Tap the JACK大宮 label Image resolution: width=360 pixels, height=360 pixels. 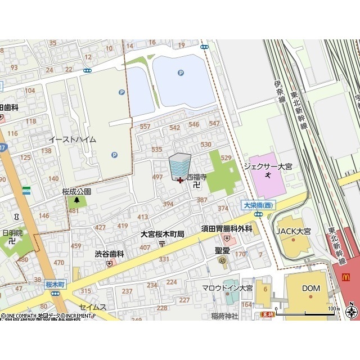tap(292, 231)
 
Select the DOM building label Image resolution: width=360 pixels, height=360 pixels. tap(310, 289)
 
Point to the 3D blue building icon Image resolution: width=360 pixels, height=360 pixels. tap(180, 166)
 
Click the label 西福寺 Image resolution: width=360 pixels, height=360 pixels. tap(197, 177)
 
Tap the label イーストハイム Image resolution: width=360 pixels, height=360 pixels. tap(72, 139)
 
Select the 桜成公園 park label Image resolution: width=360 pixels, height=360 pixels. tap(76, 191)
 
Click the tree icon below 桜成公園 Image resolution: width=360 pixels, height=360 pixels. tap(76, 200)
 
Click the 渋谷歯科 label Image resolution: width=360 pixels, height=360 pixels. tap(109, 254)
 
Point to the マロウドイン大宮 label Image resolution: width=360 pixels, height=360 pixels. tap(227, 288)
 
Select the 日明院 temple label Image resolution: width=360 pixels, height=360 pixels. tap(12, 232)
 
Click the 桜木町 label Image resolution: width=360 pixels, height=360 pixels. tap(55, 285)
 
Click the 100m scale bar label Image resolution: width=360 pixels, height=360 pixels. tap(334, 308)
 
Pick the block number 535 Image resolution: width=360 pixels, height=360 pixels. tap(157, 149)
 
